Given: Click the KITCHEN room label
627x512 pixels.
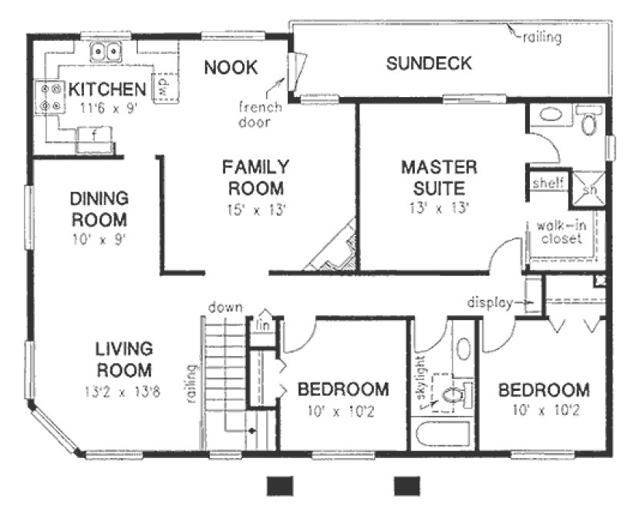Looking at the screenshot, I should tap(106, 89).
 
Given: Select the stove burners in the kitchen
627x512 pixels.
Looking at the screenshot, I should tap(51, 96).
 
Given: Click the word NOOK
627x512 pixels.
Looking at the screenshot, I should tap(231, 68).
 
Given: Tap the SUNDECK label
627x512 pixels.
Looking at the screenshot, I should tap(429, 64).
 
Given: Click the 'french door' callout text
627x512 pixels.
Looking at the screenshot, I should tap(259, 114).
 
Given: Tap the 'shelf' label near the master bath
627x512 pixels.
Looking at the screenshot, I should tap(548, 183).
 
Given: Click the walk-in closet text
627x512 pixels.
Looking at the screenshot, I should tap(560, 232).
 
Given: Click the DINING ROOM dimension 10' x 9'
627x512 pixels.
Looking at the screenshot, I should tap(96, 238).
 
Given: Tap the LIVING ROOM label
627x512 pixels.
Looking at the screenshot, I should tap(123, 359).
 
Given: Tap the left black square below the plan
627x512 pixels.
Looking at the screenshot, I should tap(280, 485).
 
